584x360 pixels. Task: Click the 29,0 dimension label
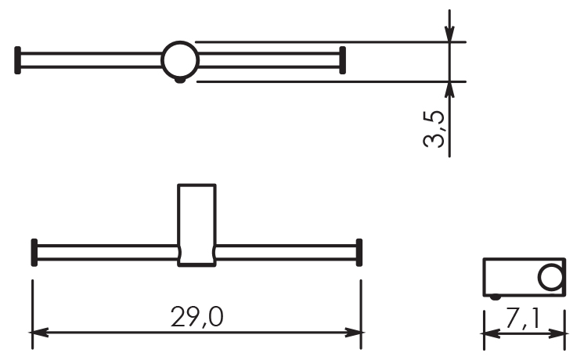197,317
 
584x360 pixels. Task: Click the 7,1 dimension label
523,319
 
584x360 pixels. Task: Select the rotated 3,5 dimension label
434,129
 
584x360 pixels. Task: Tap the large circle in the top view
180,60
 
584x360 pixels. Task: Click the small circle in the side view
551,276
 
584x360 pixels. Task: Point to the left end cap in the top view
17,60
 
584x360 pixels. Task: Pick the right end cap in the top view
343,60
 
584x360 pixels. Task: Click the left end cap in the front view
34,253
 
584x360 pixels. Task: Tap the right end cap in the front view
359,253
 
